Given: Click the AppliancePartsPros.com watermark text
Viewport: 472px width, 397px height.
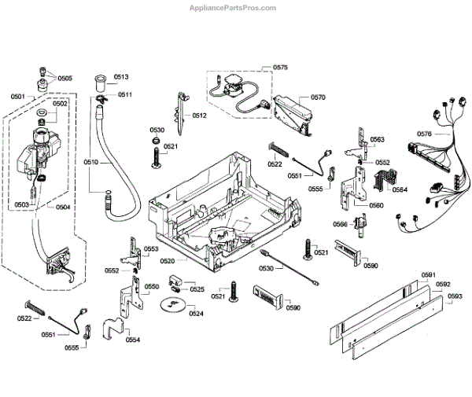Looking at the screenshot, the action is point(233,8).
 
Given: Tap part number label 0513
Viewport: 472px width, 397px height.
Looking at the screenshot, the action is point(121,77).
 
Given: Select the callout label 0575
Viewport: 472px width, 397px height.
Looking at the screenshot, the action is point(280,68).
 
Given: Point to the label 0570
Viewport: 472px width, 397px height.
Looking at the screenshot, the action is point(318,97).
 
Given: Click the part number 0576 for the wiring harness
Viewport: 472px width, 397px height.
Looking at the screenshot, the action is point(424,134).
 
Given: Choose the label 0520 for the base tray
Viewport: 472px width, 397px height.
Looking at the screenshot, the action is point(168,261).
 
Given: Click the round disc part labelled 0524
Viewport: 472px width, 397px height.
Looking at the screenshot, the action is point(171,303).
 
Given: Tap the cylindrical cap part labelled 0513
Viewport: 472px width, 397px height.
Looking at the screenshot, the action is point(100,83).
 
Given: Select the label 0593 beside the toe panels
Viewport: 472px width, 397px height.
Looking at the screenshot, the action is point(455,296).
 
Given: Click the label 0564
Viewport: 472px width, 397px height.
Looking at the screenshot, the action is point(400,189).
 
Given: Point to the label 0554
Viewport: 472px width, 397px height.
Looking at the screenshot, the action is point(133,340).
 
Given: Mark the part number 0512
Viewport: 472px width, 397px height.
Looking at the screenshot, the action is point(199,116).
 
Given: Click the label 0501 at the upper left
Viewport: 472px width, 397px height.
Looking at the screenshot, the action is point(18,97).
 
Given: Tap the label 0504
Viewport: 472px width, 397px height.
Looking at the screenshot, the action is point(63,208).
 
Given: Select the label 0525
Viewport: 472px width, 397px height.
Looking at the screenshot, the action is point(197,289).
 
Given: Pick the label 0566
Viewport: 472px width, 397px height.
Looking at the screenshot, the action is point(340,224).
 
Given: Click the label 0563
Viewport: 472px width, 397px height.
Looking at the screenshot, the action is point(377,139).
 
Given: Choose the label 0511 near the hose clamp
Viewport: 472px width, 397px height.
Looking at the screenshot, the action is point(125,95).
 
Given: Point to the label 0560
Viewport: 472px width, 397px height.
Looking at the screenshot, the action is point(376,205).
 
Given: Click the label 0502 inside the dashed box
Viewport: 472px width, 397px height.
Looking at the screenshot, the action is point(60,104).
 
